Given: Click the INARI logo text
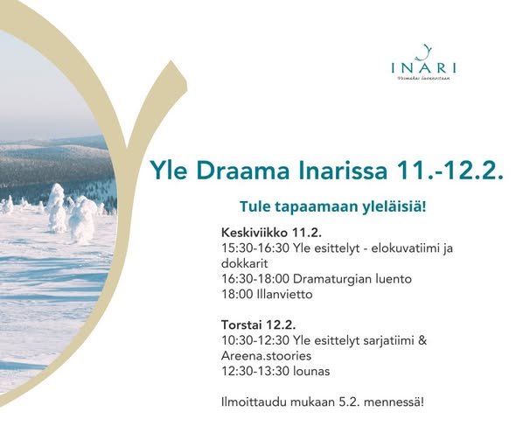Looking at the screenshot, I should [x=424, y=66].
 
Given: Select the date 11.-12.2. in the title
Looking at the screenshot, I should [x=455, y=169].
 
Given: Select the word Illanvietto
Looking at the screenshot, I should [x=282, y=294].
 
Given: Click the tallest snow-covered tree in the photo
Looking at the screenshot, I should [x=56, y=207].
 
